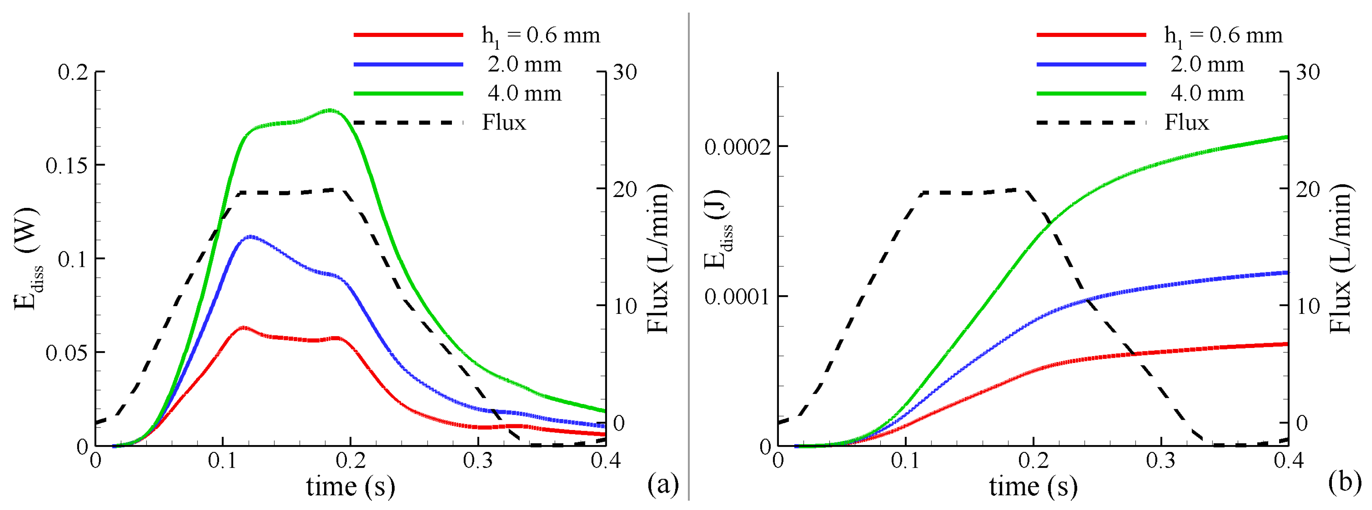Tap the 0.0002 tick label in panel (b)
tap(738, 147)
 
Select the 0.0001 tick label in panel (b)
tap(738, 297)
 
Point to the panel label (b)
tap(1345, 482)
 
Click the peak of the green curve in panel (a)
tap(330, 110)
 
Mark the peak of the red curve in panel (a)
tap(243, 327)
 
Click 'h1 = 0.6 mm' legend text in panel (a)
tap(541, 36)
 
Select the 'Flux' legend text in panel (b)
tap(1187, 123)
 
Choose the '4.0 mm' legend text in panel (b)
tap(1207, 93)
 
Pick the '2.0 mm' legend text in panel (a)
tap(525, 65)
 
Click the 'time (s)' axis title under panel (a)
tap(351, 486)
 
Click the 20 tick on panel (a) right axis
tap(624, 189)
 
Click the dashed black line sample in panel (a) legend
tap(408, 123)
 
